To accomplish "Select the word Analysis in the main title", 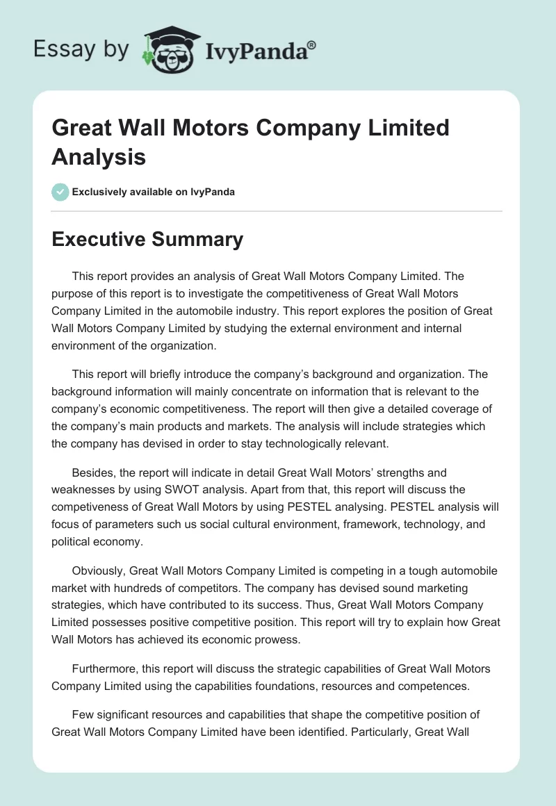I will click(x=99, y=156).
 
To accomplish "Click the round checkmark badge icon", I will click(x=60, y=192).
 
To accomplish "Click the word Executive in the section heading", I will click(x=96, y=240).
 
